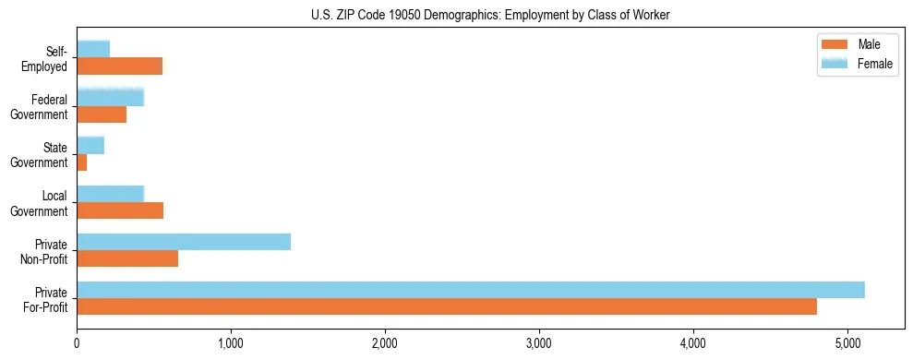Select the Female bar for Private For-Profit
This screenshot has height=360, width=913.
coord(471,290)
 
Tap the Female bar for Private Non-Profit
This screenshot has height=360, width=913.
coord(184,242)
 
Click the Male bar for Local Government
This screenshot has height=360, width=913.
coord(120,210)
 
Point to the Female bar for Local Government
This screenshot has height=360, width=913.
coord(111,194)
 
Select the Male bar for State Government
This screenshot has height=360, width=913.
coord(82,162)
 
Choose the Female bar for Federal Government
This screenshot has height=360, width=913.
coord(111,97)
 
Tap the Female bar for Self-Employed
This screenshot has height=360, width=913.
coord(93,49)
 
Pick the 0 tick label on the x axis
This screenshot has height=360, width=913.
coord(77,344)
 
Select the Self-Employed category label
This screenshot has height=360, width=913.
coord(46,58)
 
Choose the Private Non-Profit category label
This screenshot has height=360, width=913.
coord(47,251)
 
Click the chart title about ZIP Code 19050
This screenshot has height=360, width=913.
coord(491,14)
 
